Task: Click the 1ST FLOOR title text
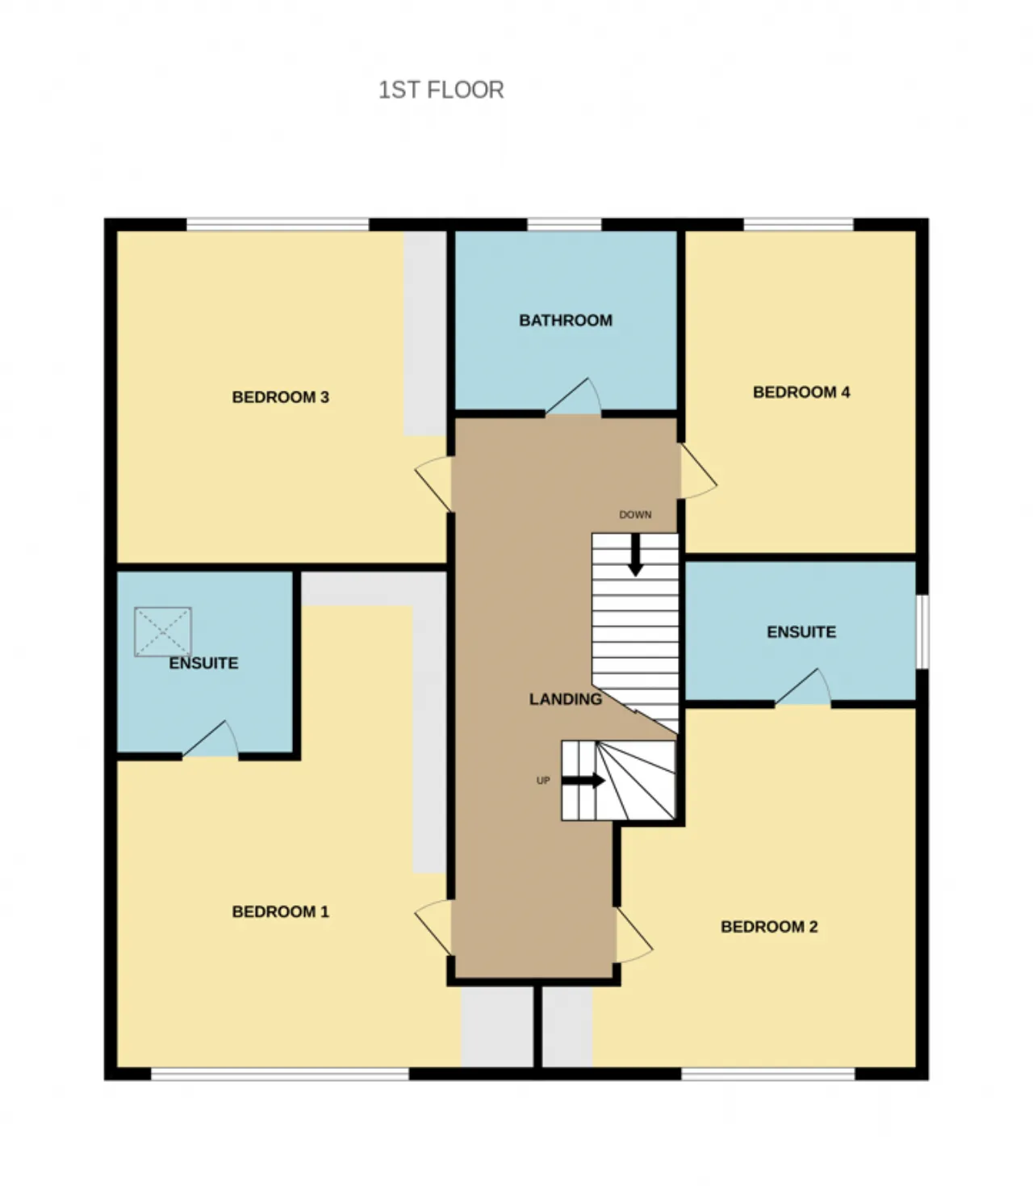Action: coord(441,90)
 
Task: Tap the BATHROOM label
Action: coord(566,321)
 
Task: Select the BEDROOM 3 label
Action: coord(280,397)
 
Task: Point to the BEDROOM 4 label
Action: coord(801,392)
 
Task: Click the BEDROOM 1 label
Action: coord(280,912)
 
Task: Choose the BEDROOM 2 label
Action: coord(769,927)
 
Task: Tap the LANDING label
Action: coord(566,699)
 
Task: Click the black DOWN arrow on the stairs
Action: coord(636,555)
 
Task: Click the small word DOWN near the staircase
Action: coord(635,515)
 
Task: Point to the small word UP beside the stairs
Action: coord(543,781)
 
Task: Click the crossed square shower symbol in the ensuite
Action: coord(163,632)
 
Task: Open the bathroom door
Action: coord(573,397)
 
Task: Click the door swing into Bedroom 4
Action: coord(697,471)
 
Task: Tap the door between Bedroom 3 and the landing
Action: coord(433,484)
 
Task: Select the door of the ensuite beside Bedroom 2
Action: coord(802,688)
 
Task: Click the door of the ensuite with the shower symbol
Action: coord(211,739)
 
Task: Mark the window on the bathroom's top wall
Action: coord(564,224)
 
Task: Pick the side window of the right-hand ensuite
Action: coord(922,632)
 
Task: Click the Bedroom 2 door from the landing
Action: coord(634,935)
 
